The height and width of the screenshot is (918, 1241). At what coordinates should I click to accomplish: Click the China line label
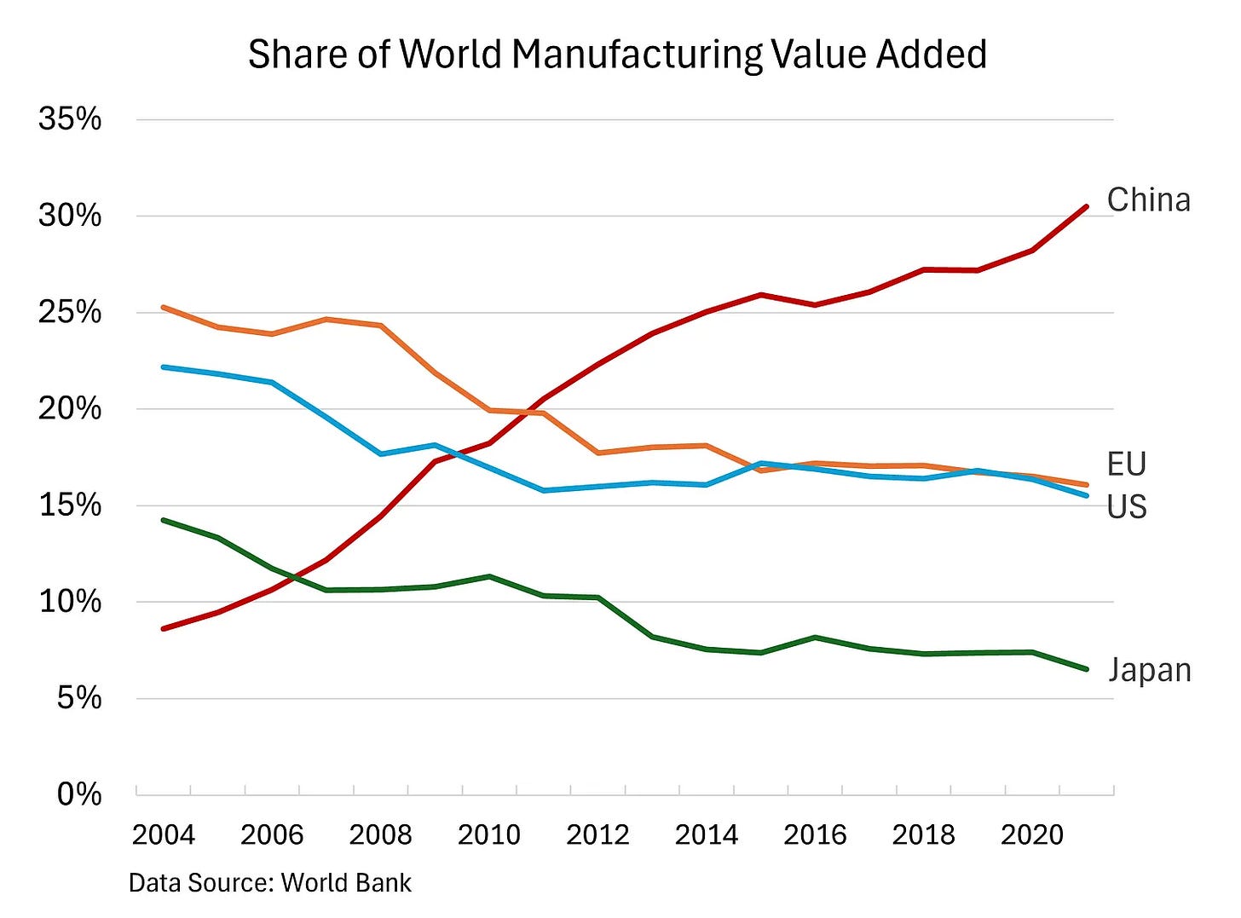(x=1148, y=200)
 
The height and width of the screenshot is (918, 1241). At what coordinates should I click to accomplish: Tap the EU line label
(x=1126, y=465)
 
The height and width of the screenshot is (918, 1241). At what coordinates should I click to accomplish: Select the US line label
(x=1126, y=507)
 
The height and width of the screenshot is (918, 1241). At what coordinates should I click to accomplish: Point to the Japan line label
(x=1149, y=671)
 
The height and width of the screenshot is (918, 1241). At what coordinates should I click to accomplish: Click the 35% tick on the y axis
(x=69, y=119)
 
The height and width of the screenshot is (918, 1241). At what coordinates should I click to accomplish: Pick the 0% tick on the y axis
(x=78, y=794)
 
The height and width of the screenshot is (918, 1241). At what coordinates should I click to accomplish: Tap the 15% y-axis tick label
(x=69, y=505)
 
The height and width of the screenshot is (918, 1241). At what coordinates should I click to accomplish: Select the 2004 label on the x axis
(x=163, y=834)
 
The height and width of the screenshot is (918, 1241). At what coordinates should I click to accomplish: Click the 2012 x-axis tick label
(x=597, y=834)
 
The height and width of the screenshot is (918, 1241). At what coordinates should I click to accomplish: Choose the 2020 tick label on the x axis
(x=1032, y=834)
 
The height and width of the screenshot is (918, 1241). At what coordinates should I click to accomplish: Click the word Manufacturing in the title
(x=638, y=55)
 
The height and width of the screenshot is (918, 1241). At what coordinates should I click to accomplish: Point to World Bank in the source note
(x=346, y=883)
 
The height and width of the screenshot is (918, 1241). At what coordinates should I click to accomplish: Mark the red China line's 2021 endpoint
(x=1086, y=206)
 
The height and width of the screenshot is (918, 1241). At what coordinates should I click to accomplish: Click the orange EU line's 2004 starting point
(x=164, y=307)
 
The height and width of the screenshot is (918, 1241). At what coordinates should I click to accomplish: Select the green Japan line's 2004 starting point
(x=164, y=520)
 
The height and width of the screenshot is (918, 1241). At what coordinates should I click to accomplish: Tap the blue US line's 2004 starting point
(x=164, y=367)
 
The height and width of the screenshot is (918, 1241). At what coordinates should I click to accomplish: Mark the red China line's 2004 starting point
(x=164, y=628)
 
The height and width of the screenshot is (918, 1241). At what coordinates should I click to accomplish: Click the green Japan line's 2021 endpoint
(x=1086, y=669)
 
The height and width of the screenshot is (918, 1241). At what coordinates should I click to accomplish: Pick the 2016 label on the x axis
(x=815, y=834)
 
